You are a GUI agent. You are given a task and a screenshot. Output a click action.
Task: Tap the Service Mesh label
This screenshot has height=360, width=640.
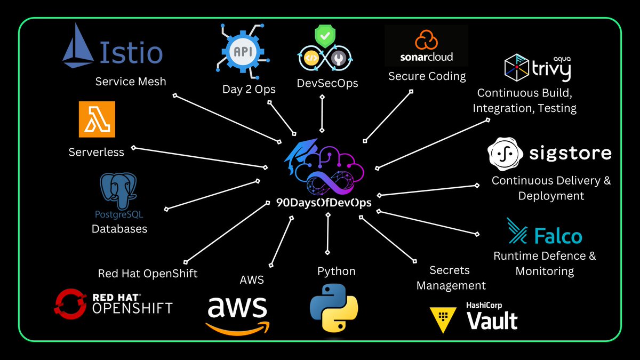131,82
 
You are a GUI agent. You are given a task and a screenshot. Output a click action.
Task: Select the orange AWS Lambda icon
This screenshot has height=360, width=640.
97,119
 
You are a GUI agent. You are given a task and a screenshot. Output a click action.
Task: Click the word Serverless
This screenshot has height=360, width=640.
96,152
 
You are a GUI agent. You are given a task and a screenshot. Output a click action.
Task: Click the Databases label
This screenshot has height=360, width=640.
119,229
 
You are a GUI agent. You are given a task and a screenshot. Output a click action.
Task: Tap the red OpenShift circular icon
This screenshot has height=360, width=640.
70,302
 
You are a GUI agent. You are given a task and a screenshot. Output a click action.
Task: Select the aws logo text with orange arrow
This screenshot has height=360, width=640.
237,314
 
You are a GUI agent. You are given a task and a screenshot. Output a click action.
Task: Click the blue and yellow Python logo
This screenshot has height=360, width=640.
334,308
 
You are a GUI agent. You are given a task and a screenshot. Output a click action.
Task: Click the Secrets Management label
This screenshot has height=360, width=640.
451,278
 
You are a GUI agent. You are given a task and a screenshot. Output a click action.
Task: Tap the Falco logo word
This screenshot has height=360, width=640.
557,235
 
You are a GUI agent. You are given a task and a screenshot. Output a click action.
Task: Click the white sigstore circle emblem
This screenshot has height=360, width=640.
504,153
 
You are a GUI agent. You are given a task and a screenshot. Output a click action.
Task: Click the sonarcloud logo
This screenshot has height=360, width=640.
426,48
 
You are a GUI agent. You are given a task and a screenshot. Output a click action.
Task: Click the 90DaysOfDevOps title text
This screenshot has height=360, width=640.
324,203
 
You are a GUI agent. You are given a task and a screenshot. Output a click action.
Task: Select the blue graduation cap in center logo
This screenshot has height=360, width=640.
300,155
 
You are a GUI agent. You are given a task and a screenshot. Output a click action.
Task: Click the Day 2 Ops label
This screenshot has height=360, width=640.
249,89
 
